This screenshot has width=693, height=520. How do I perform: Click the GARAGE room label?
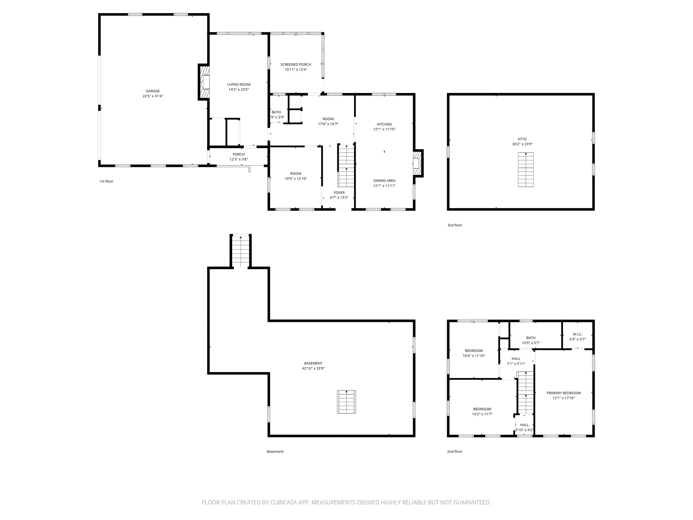point(153,91)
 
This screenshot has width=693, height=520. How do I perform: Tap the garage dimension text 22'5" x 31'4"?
point(153,96)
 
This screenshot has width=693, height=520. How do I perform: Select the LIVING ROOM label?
point(239,85)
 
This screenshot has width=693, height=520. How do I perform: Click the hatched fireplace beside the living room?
point(204,82)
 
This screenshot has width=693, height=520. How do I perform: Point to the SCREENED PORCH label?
point(296,65)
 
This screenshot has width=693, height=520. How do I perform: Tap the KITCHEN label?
point(384,124)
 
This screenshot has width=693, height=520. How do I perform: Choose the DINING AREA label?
point(384,181)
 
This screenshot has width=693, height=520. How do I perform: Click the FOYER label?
point(339,193)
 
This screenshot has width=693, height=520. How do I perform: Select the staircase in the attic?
point(526,170)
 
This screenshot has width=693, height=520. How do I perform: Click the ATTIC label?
point(522,139)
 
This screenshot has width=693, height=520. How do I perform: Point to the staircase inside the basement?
point(346,402)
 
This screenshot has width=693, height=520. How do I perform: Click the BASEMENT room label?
point(313,363)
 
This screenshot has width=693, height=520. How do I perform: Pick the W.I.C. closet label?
point(577,334)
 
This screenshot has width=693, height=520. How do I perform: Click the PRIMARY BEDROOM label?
point(563,393)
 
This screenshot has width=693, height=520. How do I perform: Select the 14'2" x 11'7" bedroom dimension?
point(482,414)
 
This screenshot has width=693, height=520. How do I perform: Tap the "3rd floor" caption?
point(454,225)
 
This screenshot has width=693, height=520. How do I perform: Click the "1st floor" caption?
point(106,181)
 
